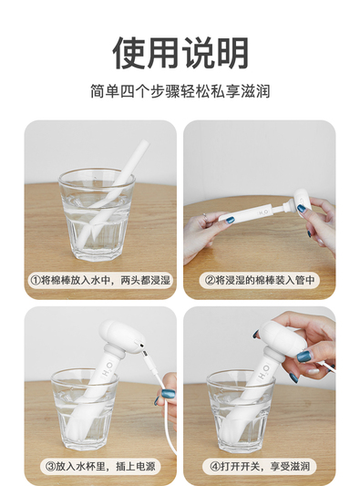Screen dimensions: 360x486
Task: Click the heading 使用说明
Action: (x=180, y=53)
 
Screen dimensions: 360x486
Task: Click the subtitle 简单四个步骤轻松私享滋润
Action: (x=180, y=91)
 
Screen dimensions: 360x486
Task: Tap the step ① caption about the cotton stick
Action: (x=100, y=280)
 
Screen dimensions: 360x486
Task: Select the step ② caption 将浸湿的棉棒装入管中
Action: (x=261, y=280)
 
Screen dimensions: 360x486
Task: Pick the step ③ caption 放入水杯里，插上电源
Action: (x=100, y=466)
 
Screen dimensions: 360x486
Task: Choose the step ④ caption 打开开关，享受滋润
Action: (x=261, y=466)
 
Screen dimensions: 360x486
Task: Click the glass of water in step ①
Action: (x=97, y=214)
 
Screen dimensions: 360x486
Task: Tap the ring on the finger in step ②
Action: (x=205, y=215)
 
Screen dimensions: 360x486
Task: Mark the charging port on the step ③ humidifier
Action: (x=141, y=345)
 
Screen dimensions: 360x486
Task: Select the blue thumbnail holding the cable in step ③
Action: (x=168, y=395)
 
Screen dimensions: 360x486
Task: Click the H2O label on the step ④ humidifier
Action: (x=264, y=373)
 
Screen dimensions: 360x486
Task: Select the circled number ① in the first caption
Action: (x=35, y=280)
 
